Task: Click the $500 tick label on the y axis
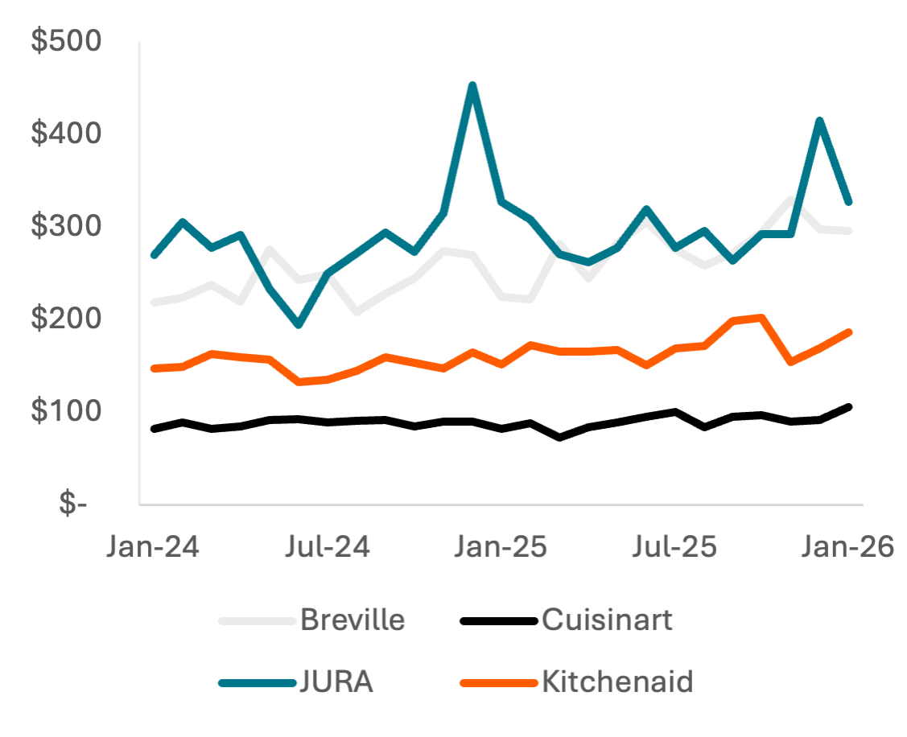click(67, 41)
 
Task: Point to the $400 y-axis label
click(67, 134)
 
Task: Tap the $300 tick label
click(67, 227)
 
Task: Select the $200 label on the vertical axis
click(67, 319)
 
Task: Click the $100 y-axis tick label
click(67, 412)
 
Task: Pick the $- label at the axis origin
click(73, 504)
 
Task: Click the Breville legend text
click(352, 620)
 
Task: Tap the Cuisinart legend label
click(607, 620)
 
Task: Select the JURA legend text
click(336, 683)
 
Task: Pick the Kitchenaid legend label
click(617, 683)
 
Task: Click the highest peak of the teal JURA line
click(472, 84)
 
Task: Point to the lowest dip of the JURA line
click(299, 326)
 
